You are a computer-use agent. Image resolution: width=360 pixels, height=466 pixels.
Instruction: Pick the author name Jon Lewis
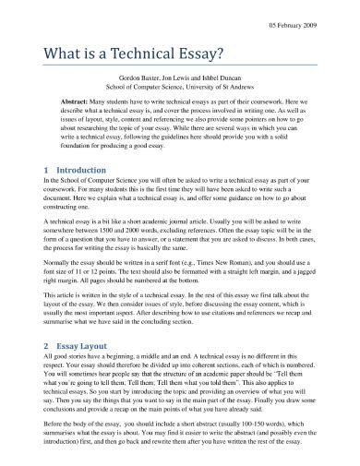[x=191, y=81]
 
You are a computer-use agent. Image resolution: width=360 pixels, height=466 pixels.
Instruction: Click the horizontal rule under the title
[x=180, y=66]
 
